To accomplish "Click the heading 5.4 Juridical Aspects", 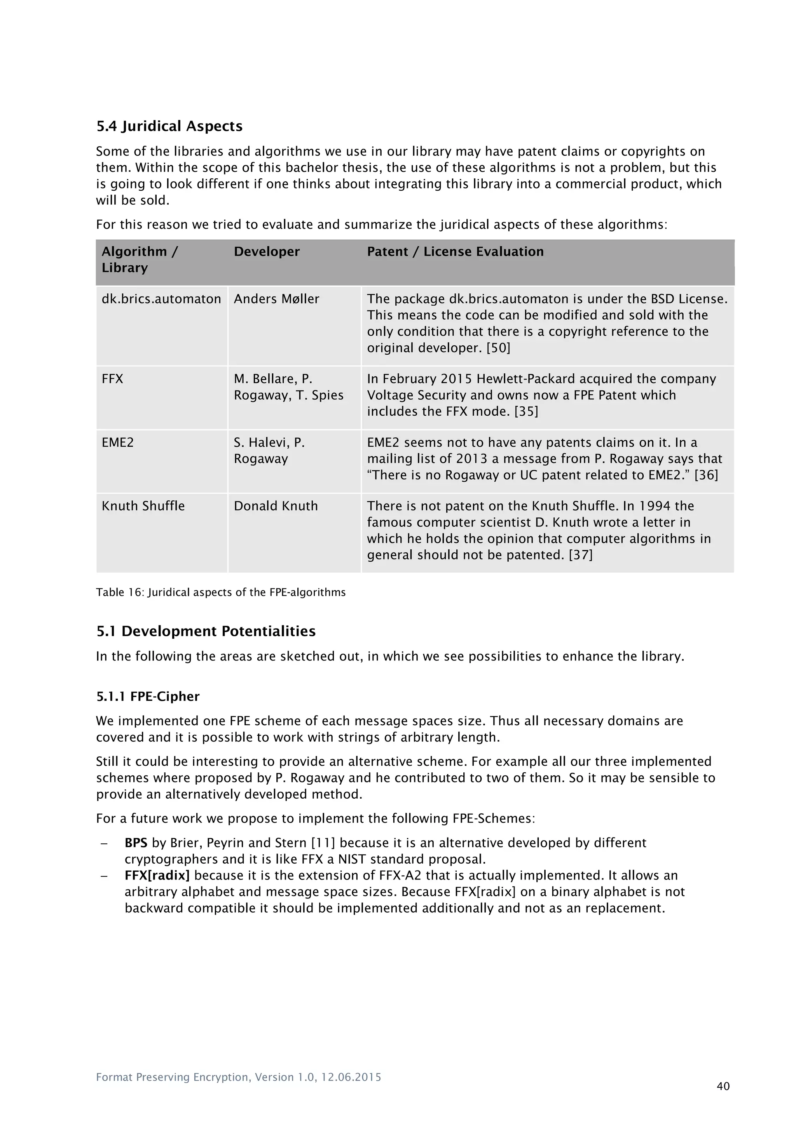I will point(169,126).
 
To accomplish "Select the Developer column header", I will point(266,252).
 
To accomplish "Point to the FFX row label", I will point(112,379).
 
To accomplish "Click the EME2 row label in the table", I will point(118,442).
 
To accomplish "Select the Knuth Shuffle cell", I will point(143,506).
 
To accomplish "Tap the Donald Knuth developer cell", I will point(276,506).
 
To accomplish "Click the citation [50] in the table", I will point(498,348).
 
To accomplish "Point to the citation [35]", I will point(526,412).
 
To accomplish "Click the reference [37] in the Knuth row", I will point(580,555).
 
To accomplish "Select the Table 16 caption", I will point(220,592).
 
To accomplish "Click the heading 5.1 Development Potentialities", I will point(206,631).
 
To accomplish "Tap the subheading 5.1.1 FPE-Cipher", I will point(148,697).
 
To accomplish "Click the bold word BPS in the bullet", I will point(136,843).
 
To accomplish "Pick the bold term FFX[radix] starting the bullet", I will point(157,876).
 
